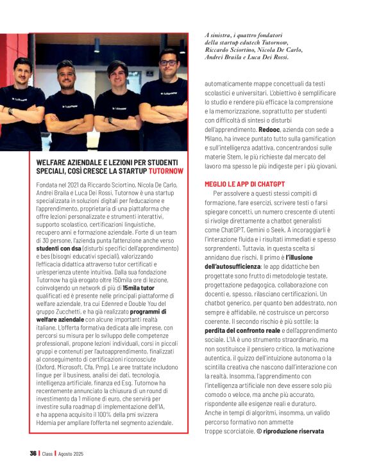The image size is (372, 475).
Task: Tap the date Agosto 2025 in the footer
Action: pos(71,453)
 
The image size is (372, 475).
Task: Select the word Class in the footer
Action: pos(47,453)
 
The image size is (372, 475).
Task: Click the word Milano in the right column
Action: pos(218,138)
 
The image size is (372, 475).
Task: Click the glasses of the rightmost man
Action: pos(168,63)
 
